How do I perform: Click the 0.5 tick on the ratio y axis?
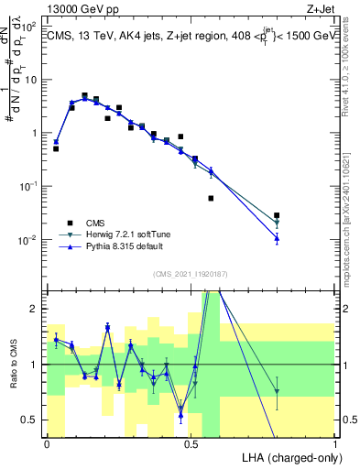(32, 420)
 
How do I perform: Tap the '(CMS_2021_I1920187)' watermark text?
(191, 272)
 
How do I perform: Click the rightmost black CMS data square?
(277, 215)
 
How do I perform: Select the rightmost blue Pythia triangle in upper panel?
(277, 238)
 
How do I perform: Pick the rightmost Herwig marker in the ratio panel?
(277, 392)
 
